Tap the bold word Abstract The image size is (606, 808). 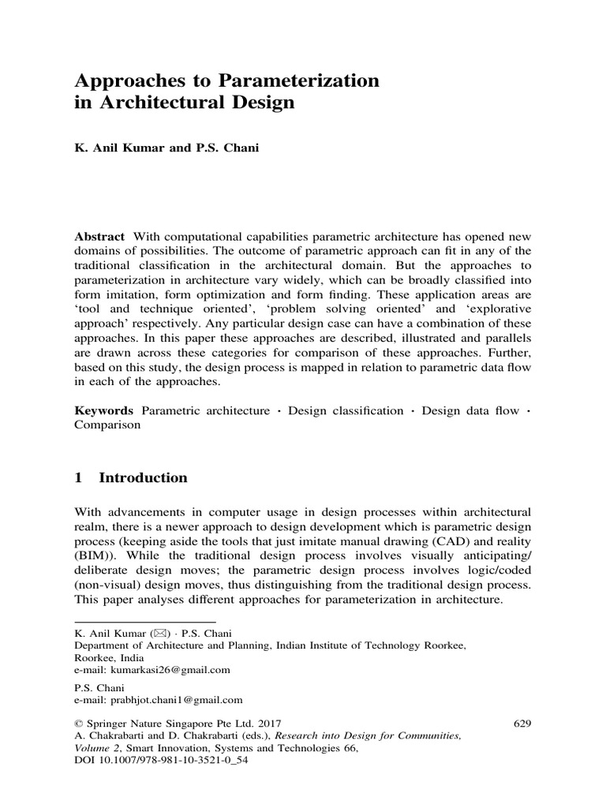coord(99,238)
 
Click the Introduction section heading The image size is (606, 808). coord(143,477)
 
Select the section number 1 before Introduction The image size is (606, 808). coord(79,477)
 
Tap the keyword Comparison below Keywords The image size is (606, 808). coord(107,425)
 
